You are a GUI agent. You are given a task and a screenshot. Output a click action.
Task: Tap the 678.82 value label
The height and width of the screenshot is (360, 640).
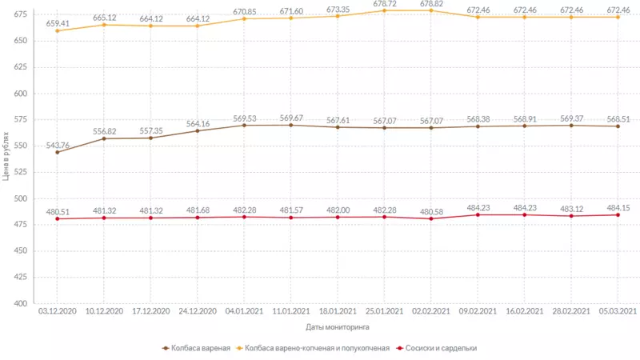click(x=431, y=3)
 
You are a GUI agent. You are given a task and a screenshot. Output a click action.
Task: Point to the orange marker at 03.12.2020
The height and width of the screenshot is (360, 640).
click(x=58, y=30)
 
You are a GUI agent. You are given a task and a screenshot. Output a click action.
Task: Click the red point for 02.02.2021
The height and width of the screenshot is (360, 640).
click(x=431, y=218)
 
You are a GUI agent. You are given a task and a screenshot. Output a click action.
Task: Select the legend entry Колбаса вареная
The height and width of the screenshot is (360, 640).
click(x=197, y=348)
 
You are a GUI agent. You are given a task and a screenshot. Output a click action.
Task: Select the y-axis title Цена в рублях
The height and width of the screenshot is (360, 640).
click(x=6, y=156)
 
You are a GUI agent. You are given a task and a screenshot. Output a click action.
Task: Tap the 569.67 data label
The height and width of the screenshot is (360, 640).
click(x=291, y=118)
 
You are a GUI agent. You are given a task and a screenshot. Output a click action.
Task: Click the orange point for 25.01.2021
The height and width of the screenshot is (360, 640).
click(x=385, y=10)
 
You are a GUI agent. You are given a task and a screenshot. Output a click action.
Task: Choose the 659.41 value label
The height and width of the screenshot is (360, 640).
click(x=57, y=23)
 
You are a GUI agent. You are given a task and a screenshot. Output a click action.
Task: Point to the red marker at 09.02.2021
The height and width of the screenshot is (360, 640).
click(x=478, y=214)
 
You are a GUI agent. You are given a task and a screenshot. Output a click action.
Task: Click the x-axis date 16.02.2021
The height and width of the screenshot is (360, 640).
click(x=524, y=311)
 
